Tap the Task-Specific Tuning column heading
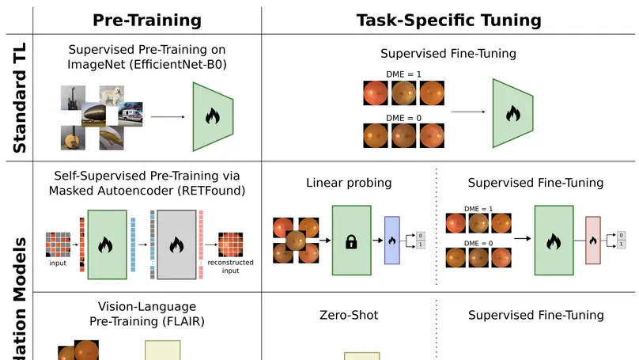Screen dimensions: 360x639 450,20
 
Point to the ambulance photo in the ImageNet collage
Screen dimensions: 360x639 132,116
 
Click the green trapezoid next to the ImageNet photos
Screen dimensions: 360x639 213,116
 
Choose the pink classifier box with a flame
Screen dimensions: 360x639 593,240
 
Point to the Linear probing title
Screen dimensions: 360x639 349,183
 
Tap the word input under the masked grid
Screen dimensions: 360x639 58,263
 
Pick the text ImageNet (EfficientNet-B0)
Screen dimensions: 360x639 148,65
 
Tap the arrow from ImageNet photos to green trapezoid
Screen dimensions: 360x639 167,117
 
